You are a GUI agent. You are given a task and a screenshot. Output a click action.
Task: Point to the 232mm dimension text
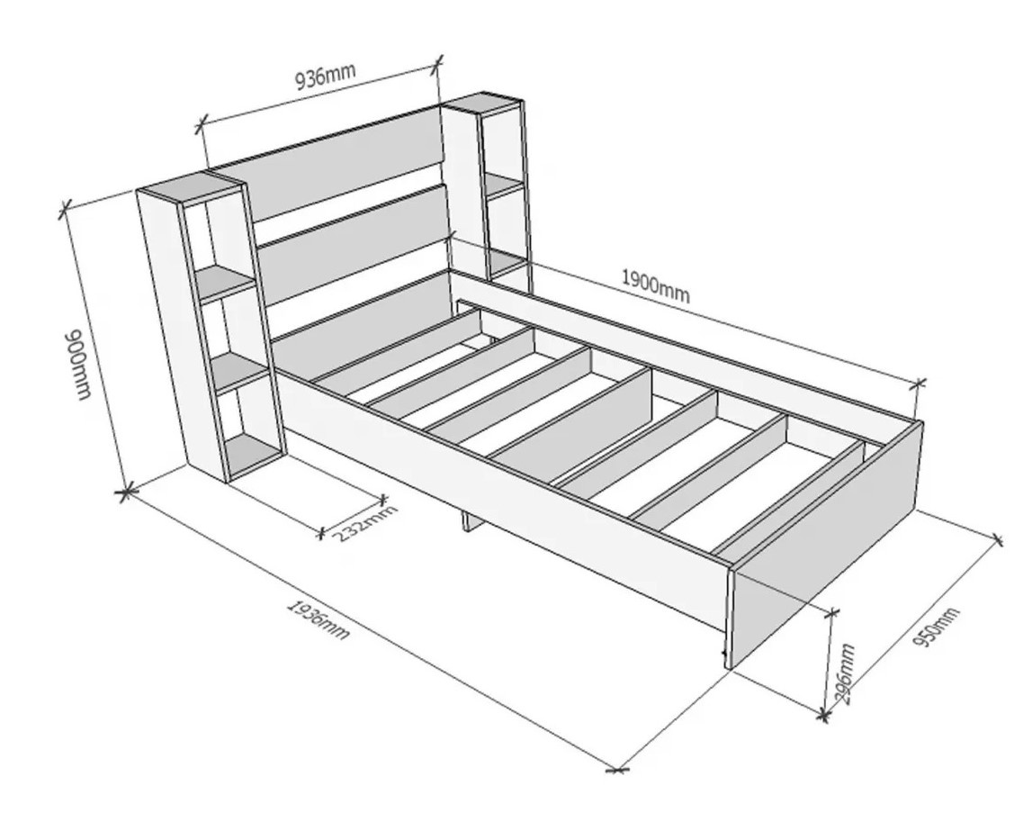[x=365, y=523]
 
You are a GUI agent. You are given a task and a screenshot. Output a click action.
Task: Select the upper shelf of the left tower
[x=226, y=283]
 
